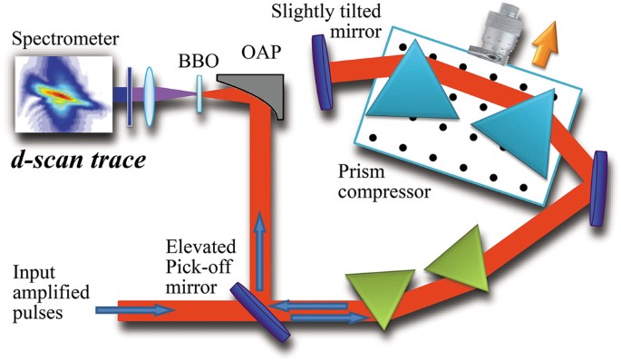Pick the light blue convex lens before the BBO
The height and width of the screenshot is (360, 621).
(148, 92)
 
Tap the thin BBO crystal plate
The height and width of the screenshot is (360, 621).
(199, 93)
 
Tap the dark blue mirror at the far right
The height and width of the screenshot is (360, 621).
(599, 190)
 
